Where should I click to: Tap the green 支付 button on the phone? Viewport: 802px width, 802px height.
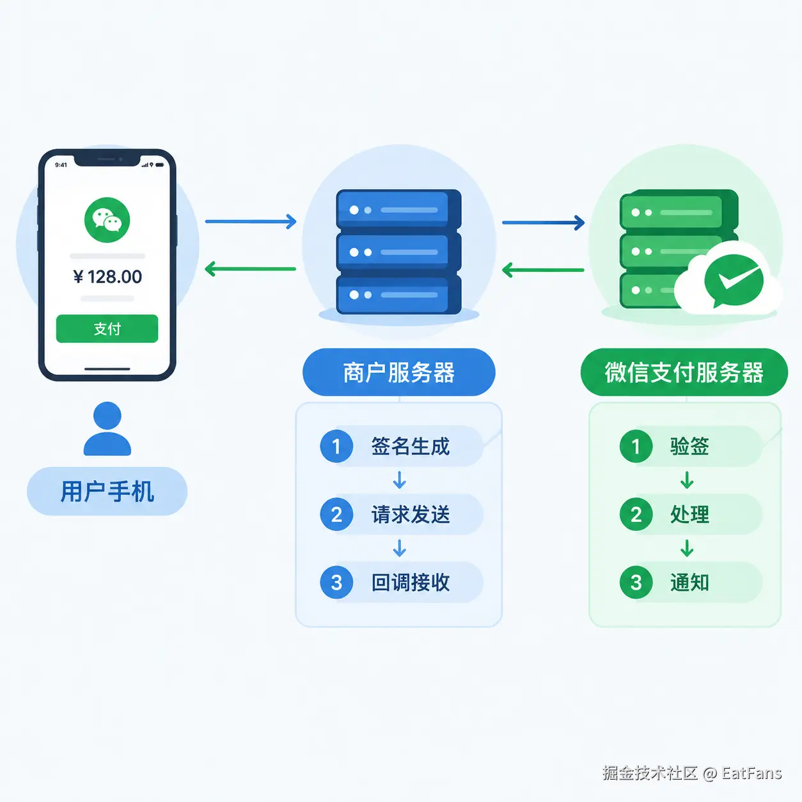[x=107, y=328]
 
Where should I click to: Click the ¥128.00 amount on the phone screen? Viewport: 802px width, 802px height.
[x=107, y=277]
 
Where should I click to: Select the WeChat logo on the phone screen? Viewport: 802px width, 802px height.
[x=107, y=220]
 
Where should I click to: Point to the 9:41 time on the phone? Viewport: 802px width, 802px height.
[x=61, y=165]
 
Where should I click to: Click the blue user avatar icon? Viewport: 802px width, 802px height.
[x=107, y=429]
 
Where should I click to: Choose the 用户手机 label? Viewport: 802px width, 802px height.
[x=107, y=491]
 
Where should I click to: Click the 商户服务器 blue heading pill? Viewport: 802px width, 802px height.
[x=398, y=372]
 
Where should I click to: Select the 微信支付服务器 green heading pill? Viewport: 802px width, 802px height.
[x=684, y=372]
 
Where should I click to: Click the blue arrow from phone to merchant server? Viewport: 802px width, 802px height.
[x=251, y=221]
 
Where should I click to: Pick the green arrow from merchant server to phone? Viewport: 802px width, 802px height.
[x=251, y=269]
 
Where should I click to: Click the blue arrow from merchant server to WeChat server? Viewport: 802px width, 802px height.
[x=543, y=223]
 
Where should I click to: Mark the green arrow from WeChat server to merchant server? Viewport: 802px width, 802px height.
[x=543, y=270]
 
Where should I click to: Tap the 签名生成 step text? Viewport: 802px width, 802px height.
[x=411, y=446]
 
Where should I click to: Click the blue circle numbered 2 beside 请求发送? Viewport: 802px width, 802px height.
[x=336, y=514]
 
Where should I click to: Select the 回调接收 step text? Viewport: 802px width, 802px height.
[x=411, y=582]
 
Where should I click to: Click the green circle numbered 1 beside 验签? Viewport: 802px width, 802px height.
[x=636, y=446]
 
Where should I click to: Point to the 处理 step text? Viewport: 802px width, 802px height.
[x=689, y=514]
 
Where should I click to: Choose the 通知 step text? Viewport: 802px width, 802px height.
[x=689, y=582]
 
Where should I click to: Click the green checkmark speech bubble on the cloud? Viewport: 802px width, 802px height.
[x=734, y=281]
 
